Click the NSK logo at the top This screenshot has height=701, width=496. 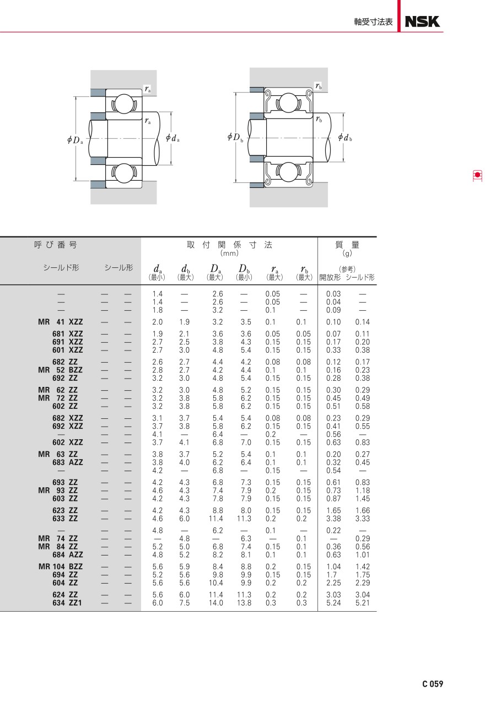[422, 21]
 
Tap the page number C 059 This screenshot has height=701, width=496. [433, 684]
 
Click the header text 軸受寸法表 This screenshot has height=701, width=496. [373, 21]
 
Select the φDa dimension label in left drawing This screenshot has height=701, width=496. [75, 139]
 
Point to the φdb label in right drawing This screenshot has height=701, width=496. [345, 137]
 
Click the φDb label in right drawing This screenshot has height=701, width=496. [235, 137]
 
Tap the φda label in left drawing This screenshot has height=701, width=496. [172, 138]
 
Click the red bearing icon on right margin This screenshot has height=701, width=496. [477, 176]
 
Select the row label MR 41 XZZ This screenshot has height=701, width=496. [61, 322]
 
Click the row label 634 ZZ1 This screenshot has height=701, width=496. [67, 602]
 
